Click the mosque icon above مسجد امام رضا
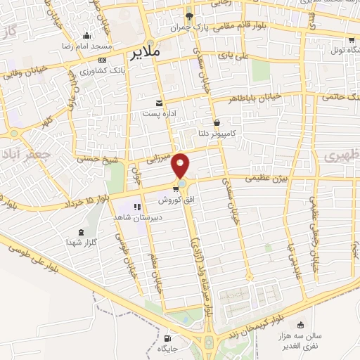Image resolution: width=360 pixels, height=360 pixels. tap(86, 36)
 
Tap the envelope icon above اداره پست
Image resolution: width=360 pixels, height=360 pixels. tap(159, 102)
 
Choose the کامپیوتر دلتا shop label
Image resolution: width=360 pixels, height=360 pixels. tap(215, 131)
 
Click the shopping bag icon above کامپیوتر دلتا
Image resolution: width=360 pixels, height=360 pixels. tap(215, 122)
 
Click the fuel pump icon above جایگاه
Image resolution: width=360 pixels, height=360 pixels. tap(167, 337)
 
